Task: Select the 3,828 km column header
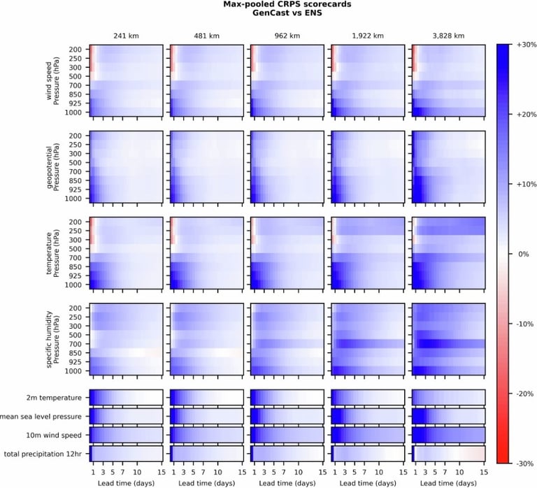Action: coord(448,36)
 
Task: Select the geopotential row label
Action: coord(50,166)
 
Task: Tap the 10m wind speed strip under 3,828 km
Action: coord(448,435)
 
